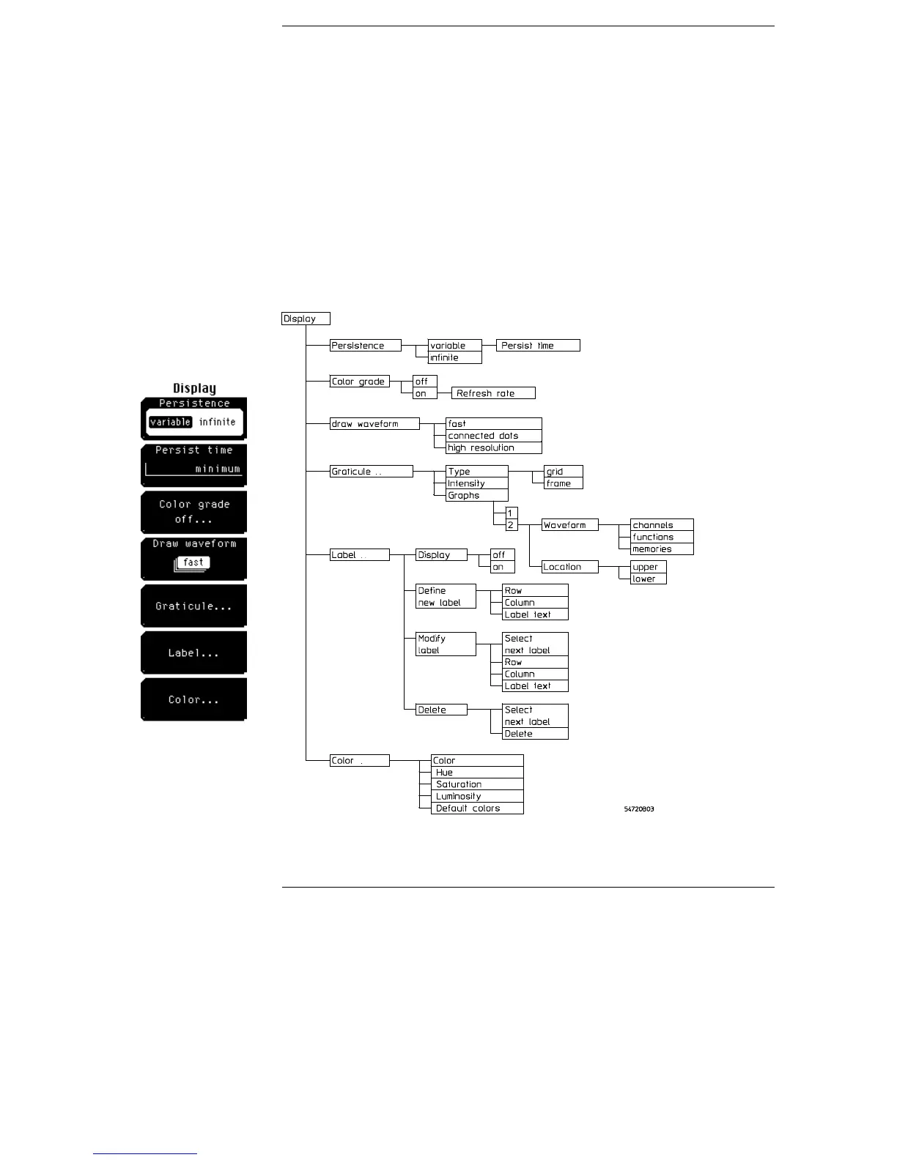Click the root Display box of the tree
306,319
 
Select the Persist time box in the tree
538,346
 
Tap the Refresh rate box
493,393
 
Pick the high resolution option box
493,447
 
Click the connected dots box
493,436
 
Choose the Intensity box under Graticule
476,483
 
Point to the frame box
563,483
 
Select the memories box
661,549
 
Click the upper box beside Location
648,567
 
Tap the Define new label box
446,596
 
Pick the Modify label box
446,644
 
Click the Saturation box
477,784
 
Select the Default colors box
477,808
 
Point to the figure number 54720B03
639,809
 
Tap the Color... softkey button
193,699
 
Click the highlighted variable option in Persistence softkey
170,422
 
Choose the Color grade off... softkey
193,511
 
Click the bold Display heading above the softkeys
194,388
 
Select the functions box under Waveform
661,537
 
